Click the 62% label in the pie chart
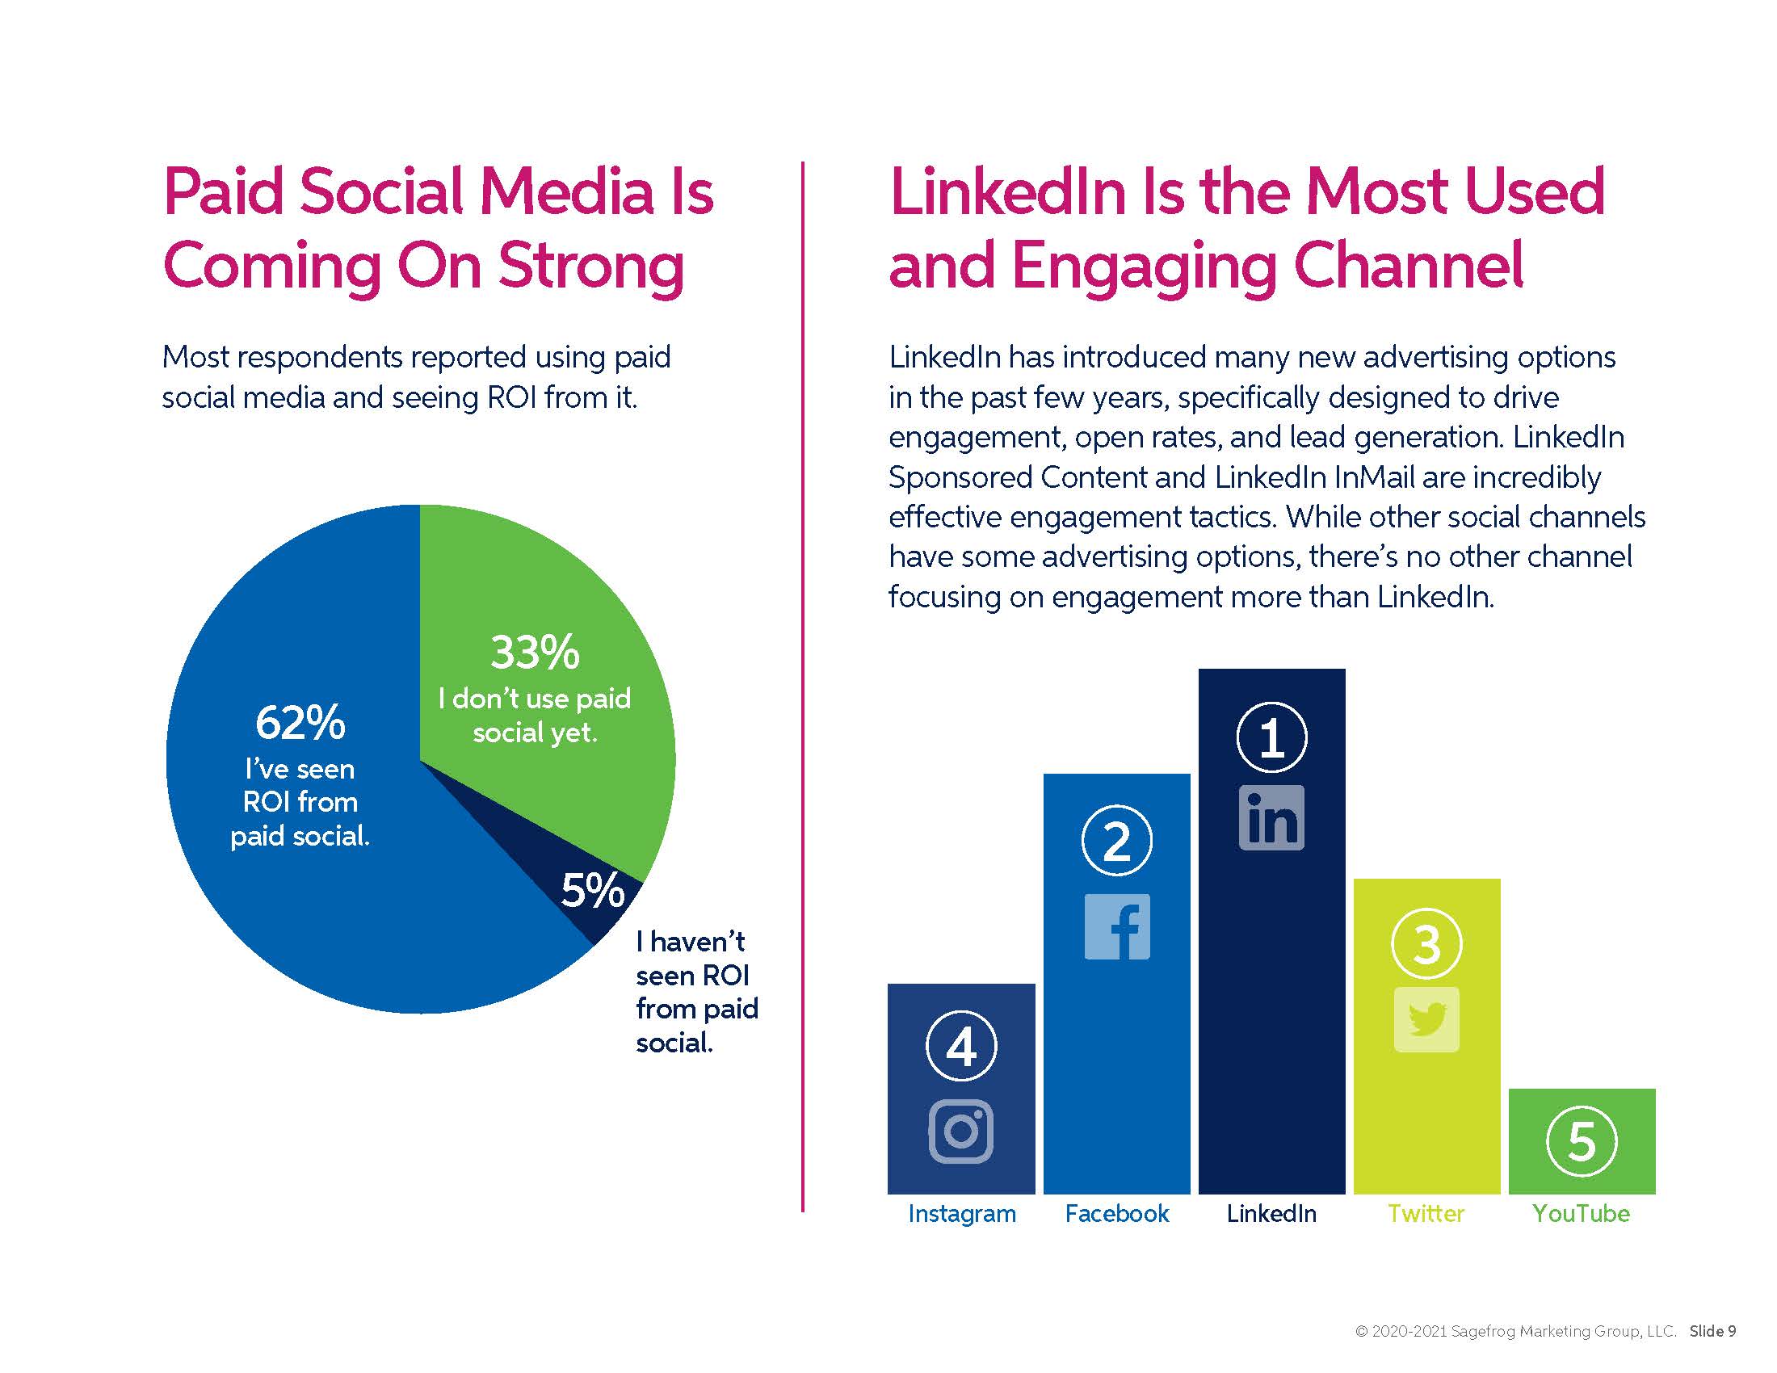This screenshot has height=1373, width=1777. pos(300,722)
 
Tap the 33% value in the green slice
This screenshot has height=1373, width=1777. pos(535,653)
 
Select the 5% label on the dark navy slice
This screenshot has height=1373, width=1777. pos(592,890)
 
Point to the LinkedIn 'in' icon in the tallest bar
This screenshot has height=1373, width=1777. pos(1271,817)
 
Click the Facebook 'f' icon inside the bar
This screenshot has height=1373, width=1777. pos(1116,926)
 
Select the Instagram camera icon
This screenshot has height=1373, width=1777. pos(961,1131)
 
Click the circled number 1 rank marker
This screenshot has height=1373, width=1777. pos(1271,737)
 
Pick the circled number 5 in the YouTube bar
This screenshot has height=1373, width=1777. pos(1581,1141)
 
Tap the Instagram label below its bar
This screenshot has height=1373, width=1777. pos(962,1214)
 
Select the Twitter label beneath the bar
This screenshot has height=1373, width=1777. pos(1426,1214)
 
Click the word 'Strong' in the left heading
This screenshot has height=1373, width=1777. pos(590,266)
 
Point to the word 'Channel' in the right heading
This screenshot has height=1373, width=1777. pos(1408,266)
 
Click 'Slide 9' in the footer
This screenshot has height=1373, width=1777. pos(1712,1332)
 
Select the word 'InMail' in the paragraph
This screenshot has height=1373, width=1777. pos(1374,477)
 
